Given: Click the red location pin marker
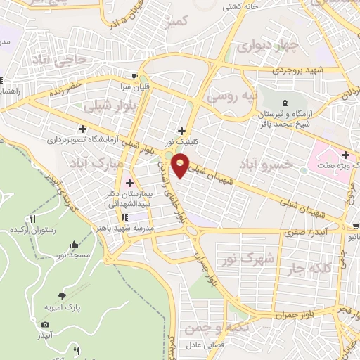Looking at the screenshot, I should pyautogui.click(x=181, y=165).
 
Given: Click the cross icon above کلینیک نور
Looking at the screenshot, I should pyautogui.click(x=182, y=130).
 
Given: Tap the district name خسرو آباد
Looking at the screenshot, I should pyautogui.click(x=266, y=164).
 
